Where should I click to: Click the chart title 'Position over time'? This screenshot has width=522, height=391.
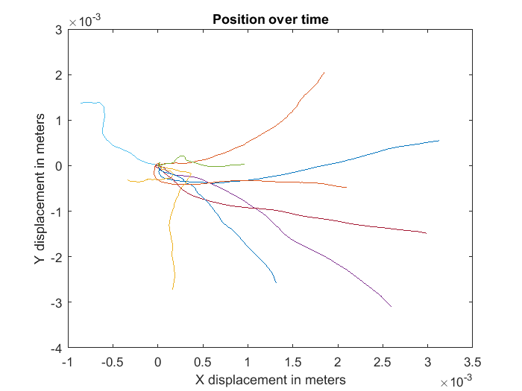(x=270, y=19)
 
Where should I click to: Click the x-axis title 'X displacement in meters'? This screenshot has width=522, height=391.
(x=270, y=380)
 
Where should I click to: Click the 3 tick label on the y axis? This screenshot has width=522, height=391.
(x=57, y=30)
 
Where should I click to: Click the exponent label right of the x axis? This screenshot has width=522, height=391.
(x=455, y=381)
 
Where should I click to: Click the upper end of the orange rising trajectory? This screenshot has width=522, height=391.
(x=324, y=72)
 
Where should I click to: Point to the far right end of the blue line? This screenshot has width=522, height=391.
(x=438, y=140)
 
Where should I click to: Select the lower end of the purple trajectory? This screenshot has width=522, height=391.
(x=391, y=306)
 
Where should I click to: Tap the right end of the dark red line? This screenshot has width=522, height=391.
(x=427, y=233)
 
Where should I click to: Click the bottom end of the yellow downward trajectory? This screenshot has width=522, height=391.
(x=173, y=289)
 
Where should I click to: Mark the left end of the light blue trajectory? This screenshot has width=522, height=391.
(x=81, y=103)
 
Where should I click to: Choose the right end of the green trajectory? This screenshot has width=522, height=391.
(x=245, y=164)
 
